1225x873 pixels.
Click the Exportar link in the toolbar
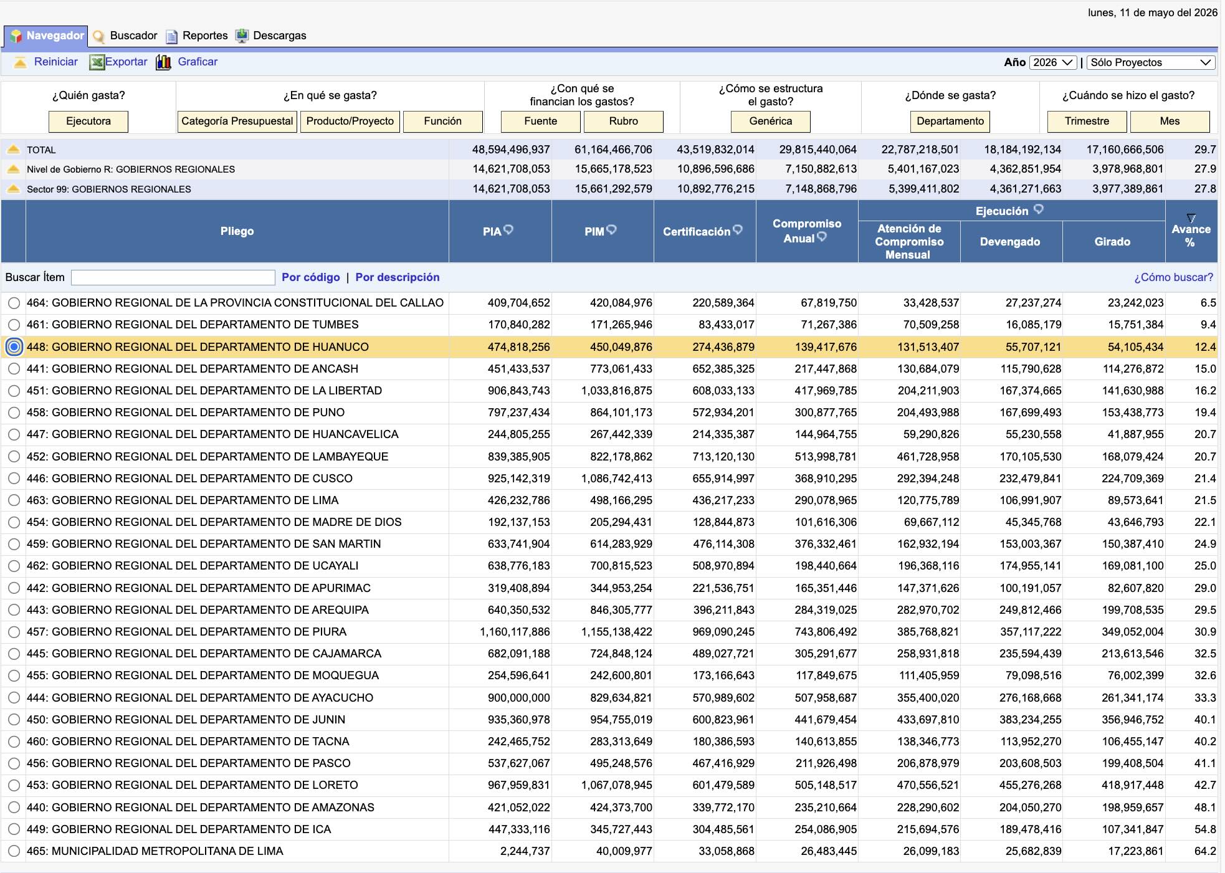pyautogui.click(x=126, y=62)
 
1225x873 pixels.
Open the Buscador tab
pyautogui.click(x=133, y=36)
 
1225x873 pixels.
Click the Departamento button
pyautogui.click(x=950, y=121)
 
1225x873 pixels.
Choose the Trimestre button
pyautogui.click(x=1087, y=121)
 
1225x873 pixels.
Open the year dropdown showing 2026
pyautogui.click(x=1052, y=62)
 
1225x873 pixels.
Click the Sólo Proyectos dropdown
pyautogui.click(x=1150, y=62)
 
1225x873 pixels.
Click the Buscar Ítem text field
pyautogui.click(x=173, y=277)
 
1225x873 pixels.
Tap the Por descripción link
pyautogui.click(x=398, y=277)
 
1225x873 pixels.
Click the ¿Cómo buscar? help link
pyautogui.click(x=1173, y=277)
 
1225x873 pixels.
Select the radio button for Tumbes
pyautogui.click(x=14, y=325)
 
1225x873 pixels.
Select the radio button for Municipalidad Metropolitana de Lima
pyautogui.click(x=14, y=851)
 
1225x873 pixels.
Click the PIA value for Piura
pyautogui.click(x=515, y=632)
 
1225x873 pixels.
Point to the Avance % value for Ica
pyautogui.click(x=1205, y=829)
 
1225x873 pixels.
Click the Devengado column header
pyautogui.click(x=1010, y=242)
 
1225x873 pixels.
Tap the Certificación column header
pyautogui.click(x=697, y=231)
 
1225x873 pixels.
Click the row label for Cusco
pyautogui.click(x=189, y=479)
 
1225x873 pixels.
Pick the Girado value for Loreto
pyautogui.click(x=1132, y=785)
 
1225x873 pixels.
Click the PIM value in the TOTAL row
pyautogui.click(x=613, y=150)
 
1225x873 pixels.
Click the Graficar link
pyautogui.click(x=198, y=62)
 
